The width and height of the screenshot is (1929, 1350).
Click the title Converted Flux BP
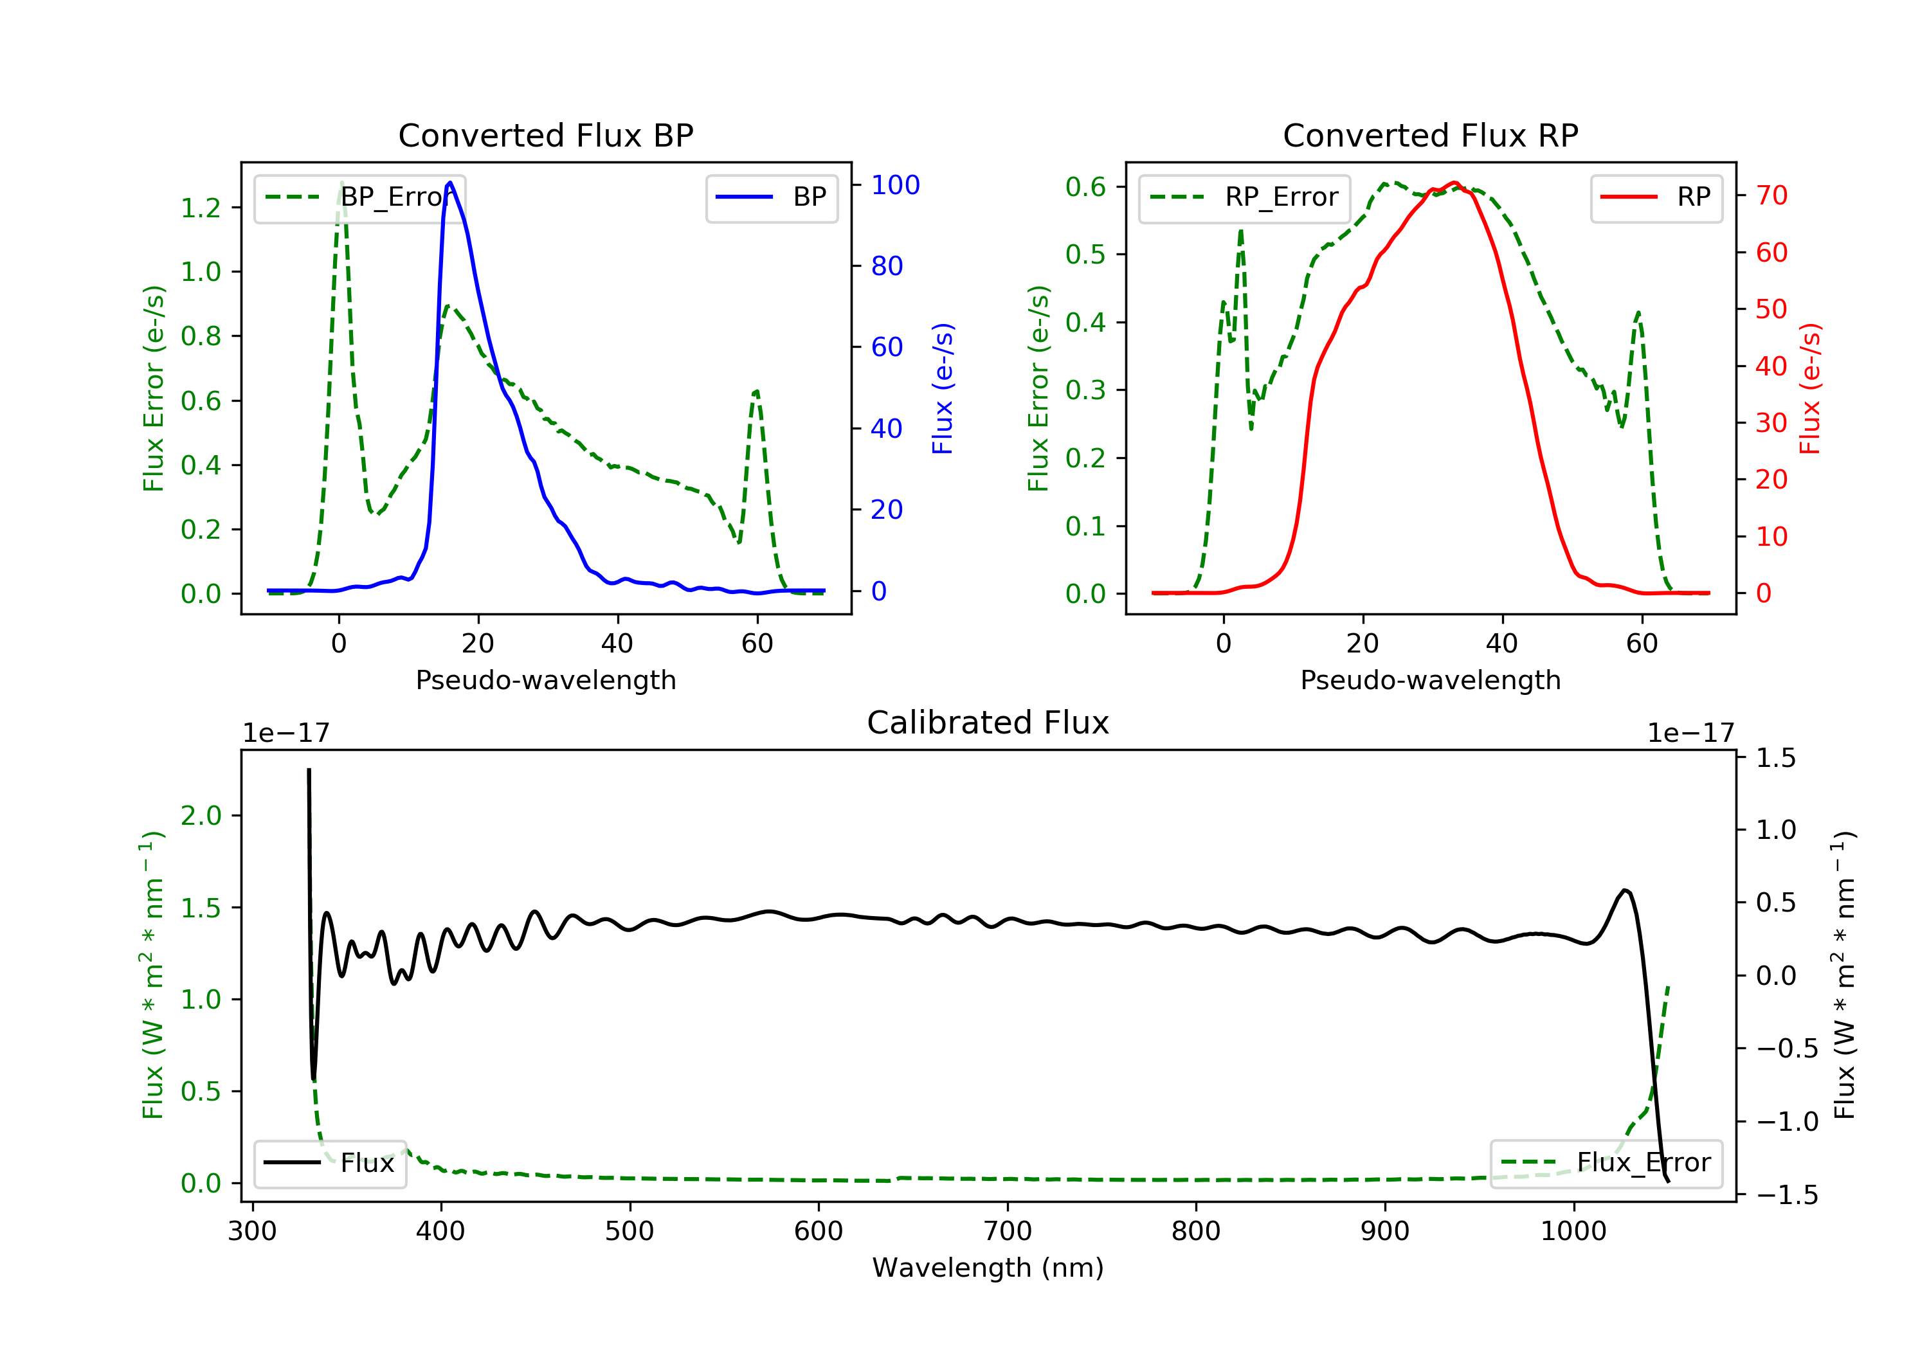point(545,135)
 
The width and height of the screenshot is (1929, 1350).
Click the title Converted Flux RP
point(1430,135)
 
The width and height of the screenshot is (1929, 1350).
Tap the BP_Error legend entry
point(359,197)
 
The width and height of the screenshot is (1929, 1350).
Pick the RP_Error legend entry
point(1244,197)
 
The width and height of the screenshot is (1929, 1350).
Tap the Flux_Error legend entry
point(1606,1163)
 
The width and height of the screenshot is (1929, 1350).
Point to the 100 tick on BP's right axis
point(895,184)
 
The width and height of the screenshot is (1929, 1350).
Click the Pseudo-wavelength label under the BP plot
point(545,679)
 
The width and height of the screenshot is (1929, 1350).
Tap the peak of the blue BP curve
point(450,183)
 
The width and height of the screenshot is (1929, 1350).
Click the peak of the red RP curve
point(1454,183)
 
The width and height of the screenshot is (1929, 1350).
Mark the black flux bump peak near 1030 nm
point(1626,890)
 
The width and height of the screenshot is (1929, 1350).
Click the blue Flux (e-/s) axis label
point(943,388)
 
